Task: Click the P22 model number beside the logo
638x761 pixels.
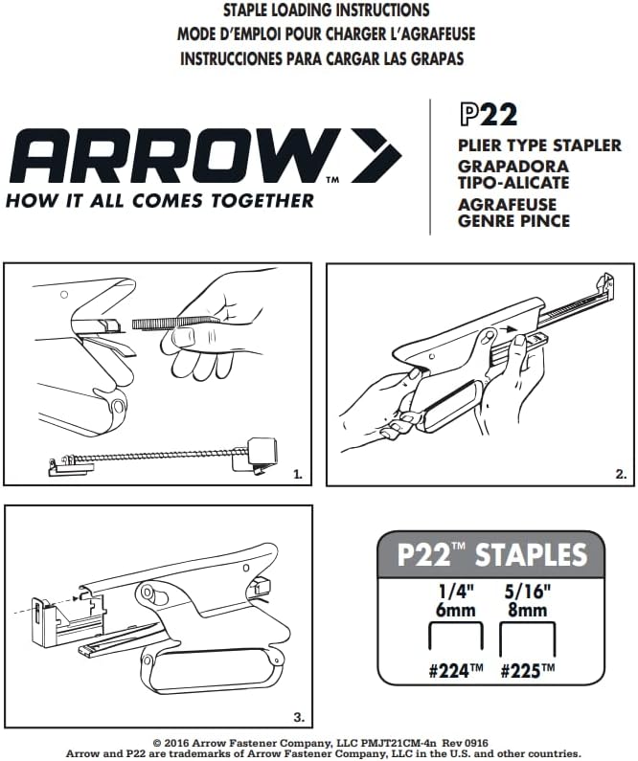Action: coord(489,116)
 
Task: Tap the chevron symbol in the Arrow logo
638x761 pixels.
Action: coord(376,156)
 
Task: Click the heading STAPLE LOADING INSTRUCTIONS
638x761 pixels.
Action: coord(326,11)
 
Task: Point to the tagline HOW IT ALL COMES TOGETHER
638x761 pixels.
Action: coord(159,201)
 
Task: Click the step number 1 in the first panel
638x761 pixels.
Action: coord(298,474)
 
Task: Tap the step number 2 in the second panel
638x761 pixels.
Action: coord(621,474)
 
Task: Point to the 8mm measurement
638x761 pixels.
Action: coord(528,610)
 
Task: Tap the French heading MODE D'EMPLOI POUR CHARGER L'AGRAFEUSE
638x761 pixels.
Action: coord(326,34)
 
